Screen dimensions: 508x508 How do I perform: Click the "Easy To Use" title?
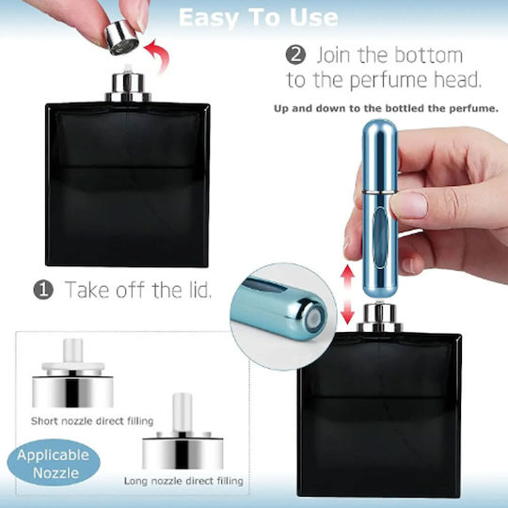258,17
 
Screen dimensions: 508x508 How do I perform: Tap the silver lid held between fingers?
121,37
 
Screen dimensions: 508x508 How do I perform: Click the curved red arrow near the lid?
158,56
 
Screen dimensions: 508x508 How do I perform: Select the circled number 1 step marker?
43,290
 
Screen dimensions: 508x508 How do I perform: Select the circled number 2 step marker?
295,55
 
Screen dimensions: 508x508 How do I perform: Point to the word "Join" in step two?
334,56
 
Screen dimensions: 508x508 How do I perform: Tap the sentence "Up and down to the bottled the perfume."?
386,108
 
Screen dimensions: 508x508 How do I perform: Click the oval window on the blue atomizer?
379,238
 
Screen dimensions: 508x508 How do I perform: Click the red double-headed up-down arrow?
347,294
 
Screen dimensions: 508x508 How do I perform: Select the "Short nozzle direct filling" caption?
92,421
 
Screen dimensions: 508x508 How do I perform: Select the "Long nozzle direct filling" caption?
183,481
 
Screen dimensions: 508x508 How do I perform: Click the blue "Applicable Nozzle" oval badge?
54,464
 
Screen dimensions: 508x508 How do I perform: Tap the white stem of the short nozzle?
72,351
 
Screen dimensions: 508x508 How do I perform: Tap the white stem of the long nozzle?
183,412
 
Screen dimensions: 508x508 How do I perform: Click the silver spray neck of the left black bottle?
128,87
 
